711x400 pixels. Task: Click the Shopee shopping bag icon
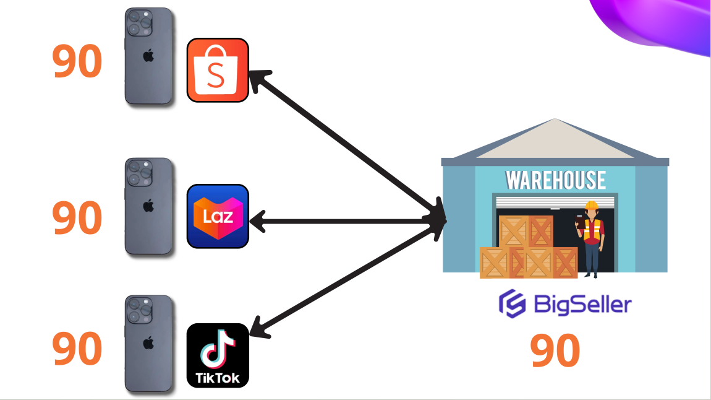pos(218,70)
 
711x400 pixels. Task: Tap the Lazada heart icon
pos(218,216)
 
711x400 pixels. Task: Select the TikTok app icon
pos(218,355)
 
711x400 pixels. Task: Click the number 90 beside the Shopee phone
pos(77,62)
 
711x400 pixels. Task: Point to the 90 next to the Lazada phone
pos(77,218)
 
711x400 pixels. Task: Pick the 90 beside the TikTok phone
pos(77,349)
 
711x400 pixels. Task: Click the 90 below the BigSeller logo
pos(555,350)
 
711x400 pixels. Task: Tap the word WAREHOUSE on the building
pos(556,180)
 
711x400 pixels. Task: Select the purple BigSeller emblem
pos(512,304)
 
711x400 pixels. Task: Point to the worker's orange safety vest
pos(593,232)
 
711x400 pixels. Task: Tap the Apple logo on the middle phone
pos(148,206)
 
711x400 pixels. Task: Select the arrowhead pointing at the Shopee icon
pos(258,79)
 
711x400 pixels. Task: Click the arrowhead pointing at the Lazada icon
pos(257,220)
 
